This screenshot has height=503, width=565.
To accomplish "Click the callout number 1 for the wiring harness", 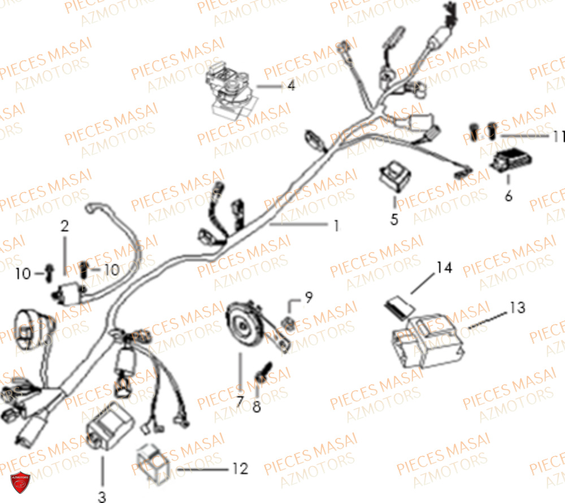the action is [x=337, y=226].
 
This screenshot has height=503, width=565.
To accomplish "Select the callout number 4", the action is [x=291, y=85].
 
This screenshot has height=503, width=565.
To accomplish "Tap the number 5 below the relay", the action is [x=394, y=219].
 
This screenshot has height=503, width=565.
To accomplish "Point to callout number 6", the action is [x=508, y=196].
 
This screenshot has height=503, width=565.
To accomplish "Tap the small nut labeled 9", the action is [x=289, y=323].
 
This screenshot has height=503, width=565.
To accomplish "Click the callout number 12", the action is [x=240, y=469].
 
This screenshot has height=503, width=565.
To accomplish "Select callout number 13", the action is [x=518, y=307].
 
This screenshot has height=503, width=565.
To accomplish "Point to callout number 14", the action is [x=444, y=268].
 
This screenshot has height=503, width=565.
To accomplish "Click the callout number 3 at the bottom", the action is [x=102, y=497].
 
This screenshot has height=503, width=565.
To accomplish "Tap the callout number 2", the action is [x=64, y=226].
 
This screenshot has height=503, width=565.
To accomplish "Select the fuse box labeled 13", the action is [x=427, y=340].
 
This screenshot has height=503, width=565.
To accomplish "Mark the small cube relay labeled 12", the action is [x=153, y=465].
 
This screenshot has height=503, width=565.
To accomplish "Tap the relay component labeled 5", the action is [x=395, y=176].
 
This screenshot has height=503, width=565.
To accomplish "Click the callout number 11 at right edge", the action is [x=559, y=137].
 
